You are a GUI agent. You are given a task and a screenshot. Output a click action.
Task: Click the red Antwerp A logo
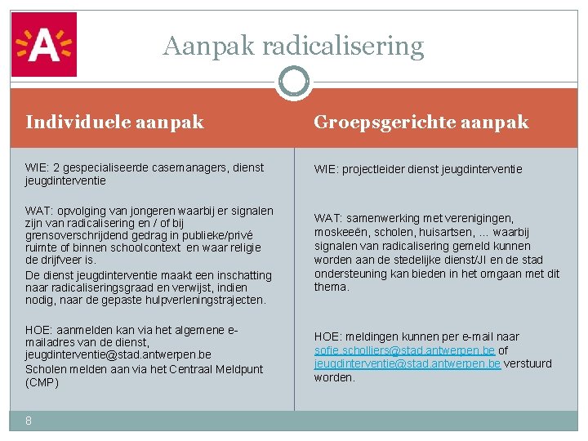point(43,44)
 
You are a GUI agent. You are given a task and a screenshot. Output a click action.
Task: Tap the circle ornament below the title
point(293,82)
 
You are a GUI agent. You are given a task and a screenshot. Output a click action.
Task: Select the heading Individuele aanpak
point(114,122)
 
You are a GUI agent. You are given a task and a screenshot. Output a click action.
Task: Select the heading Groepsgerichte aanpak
point(421,122)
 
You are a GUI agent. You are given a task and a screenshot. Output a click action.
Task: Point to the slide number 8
point(29,421)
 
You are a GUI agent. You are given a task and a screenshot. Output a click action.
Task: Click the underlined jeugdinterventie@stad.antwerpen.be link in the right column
point(408,363)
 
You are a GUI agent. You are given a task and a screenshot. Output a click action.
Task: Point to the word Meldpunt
point(238,369)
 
